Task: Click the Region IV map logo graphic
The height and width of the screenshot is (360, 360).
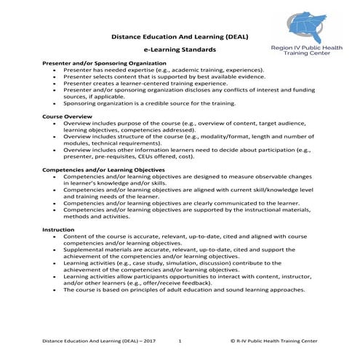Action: [x=298, y=25]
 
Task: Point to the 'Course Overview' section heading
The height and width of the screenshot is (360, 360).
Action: [x=68, y=116]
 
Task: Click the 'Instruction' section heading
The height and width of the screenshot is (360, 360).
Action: [x=58, y=229]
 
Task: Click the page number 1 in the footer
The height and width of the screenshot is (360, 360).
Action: [x=179, y=340]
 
